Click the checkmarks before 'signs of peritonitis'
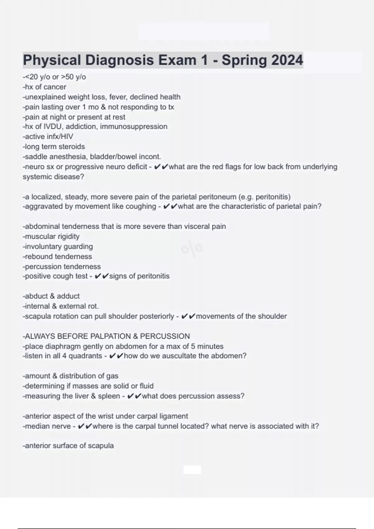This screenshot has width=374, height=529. click(x=101, y=276)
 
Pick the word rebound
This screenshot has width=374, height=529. click(x=37, y=256)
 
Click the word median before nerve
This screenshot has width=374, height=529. click(x=36, y=426)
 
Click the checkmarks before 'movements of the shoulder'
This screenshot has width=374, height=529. click(x=188, y=316)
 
